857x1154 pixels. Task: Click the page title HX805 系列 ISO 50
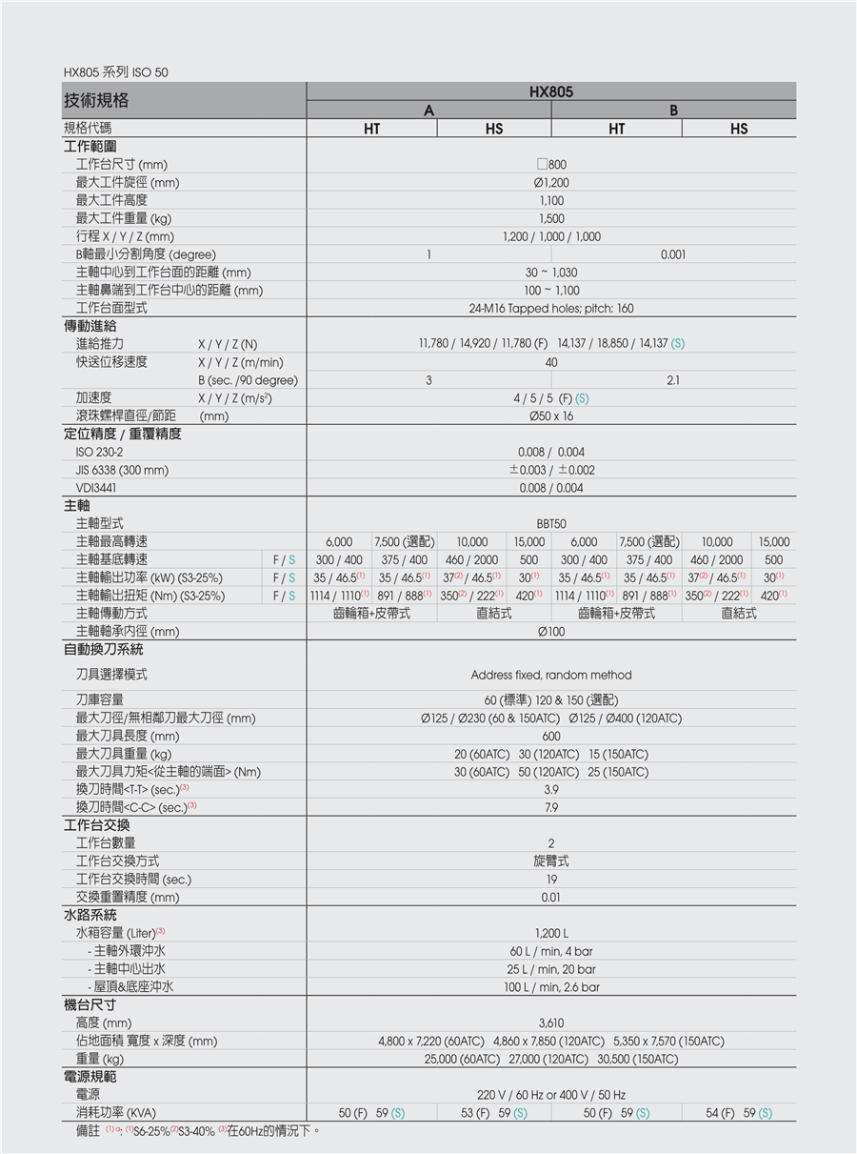coord(115,72)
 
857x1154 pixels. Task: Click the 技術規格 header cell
coord(96,100)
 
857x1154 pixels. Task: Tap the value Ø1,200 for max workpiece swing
coord(551,183)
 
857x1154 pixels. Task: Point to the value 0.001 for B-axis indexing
coord(674,254)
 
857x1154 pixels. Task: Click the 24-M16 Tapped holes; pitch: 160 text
coord(551,309)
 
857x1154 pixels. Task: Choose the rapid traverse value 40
coord(551,362)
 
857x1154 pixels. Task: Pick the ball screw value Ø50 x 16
coord(551,416)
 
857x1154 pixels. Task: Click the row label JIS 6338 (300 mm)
coord(122,470)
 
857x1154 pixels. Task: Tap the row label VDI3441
coord(97,488)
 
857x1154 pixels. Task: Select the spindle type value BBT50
coord(551,524)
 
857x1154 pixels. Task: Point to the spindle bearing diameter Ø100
coord(551,632)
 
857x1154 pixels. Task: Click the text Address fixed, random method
coord(551,675)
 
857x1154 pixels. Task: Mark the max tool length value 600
coord(551,737)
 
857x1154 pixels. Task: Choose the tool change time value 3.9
coord(551,790)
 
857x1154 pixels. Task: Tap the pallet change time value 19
coord(551,880)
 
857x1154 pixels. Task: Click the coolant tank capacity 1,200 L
coord(551,933)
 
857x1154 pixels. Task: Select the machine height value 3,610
coord(551,1023)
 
